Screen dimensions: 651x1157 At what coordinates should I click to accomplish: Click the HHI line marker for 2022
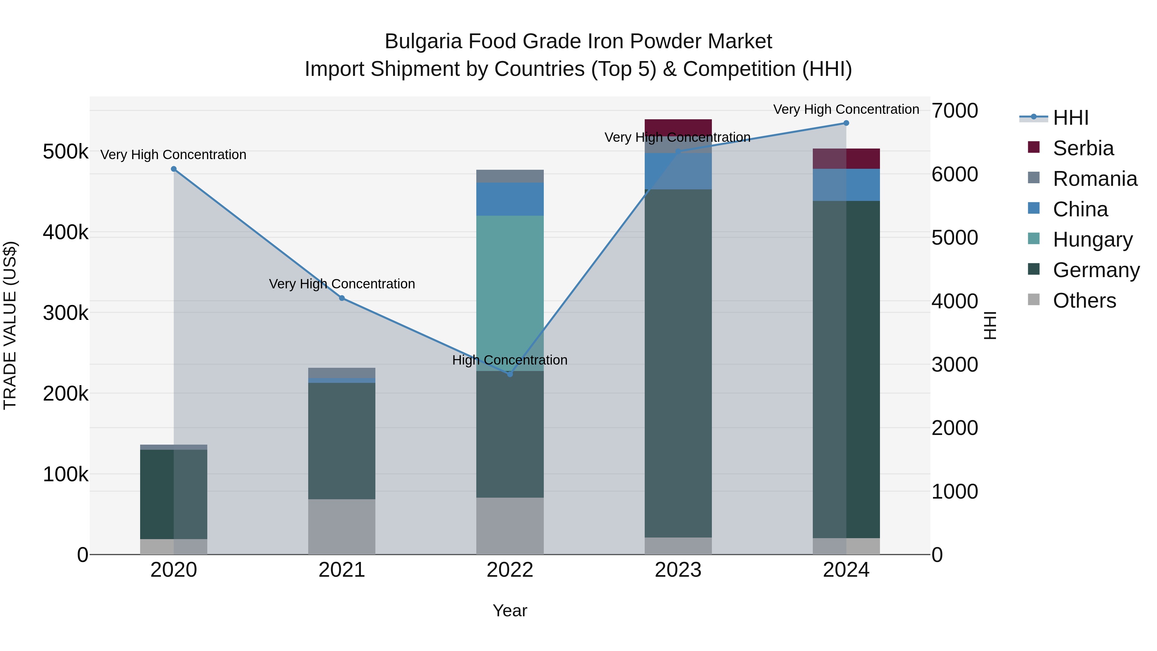pyautogui.click(x=510, y=374)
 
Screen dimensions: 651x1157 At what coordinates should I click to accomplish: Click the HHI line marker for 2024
pyautogui.click(x=846, y=123)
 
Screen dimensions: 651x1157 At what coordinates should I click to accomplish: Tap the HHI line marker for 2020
pyautogui.click(x=174, y=169)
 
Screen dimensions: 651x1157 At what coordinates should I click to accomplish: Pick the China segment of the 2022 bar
pyautogui.click(x=510, y=199)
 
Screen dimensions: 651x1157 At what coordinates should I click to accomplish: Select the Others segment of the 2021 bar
pyautogui.click(x=342, y=527)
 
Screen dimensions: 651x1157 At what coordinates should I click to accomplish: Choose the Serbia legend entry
pyautogui.click(x=1083, y=148)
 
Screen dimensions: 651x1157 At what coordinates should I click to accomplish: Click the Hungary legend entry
pyautogui.click(x=1092, y=240)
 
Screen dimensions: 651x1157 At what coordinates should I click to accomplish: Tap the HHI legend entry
pyautogui.click(x=1070, y=118)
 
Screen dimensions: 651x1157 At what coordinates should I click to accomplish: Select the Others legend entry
pyautogui.click(x=1084, y=301)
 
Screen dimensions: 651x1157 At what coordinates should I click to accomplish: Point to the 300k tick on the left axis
pyautogui.click(x=66, y=313)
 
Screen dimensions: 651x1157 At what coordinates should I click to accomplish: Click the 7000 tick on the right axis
pyautogui.click(x=955, y=111)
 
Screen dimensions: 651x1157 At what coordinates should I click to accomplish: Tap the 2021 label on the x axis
pyautogui.click(x=342, y=570)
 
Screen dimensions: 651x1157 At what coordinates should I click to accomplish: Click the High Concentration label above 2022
pyautogui.click(x=510, y=360)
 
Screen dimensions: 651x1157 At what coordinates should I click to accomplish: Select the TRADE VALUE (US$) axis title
pyautogui.click(x=10, y=325)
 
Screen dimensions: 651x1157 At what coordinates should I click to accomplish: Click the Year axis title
pyautogui.click(x=510, y=610)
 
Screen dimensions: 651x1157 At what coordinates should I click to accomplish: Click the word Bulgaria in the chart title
pyautogui.click(x=423, y=41)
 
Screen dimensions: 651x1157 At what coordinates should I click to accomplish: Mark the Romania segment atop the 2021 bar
pyautogui.click(x=342, y=373)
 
